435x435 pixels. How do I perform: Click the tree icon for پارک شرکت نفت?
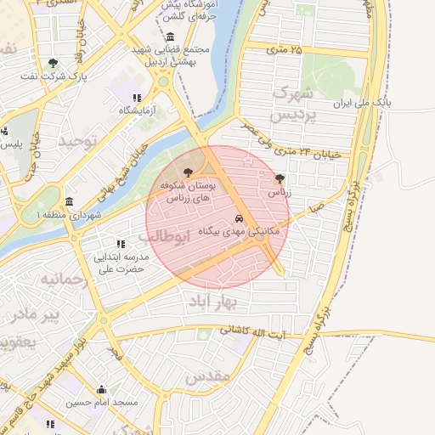[x=53, y=63]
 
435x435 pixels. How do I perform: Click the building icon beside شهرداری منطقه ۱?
[x=68, y=202]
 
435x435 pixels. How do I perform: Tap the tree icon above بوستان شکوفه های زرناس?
[x=188, y=172]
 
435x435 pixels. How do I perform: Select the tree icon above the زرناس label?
[x=280, y=178]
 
